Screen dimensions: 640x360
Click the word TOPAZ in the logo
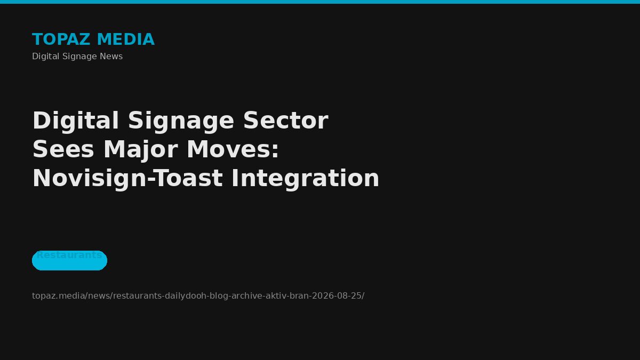pyautogui.click(x=61, y=39)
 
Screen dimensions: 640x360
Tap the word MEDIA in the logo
pyautogui.click(x=126, y=39)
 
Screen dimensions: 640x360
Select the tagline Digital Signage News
pyautogui.click(x=77, y=57)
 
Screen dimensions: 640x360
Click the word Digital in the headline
pyautogui.click(x=76, y=121)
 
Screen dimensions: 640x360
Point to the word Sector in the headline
pyautogui.click(x=286, y=121)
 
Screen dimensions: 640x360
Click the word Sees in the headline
pyautogui.click(x=63, y=149)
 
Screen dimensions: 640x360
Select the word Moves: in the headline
pyautogui.click(x=233, y=149)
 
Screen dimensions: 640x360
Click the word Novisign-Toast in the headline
pyautogui.click(x=127, y=179)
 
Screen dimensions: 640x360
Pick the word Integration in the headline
pyautogui.click(x=306, y=179)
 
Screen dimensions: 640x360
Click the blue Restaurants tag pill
pyautogui.click(x=69, y=260)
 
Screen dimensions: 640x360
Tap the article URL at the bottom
pyautogui.click(x=198, y=295)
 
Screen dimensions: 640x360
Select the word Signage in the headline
pyautogui.click(x=181, y=121)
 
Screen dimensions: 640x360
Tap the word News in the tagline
pyautogui.click(x=111, y=57)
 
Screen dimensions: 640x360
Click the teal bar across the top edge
pyautogui.click(x=320, y=2)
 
